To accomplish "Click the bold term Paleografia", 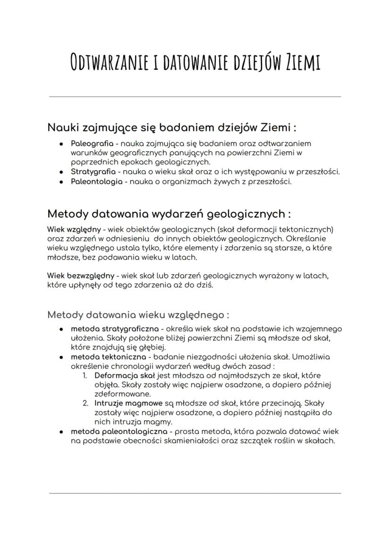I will pos(92,143).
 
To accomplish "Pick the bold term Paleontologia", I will pos(96,181).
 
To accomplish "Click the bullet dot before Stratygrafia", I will pos(61,172).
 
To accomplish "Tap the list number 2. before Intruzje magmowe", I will pos(85,404).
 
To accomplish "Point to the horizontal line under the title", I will pos(195,97).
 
